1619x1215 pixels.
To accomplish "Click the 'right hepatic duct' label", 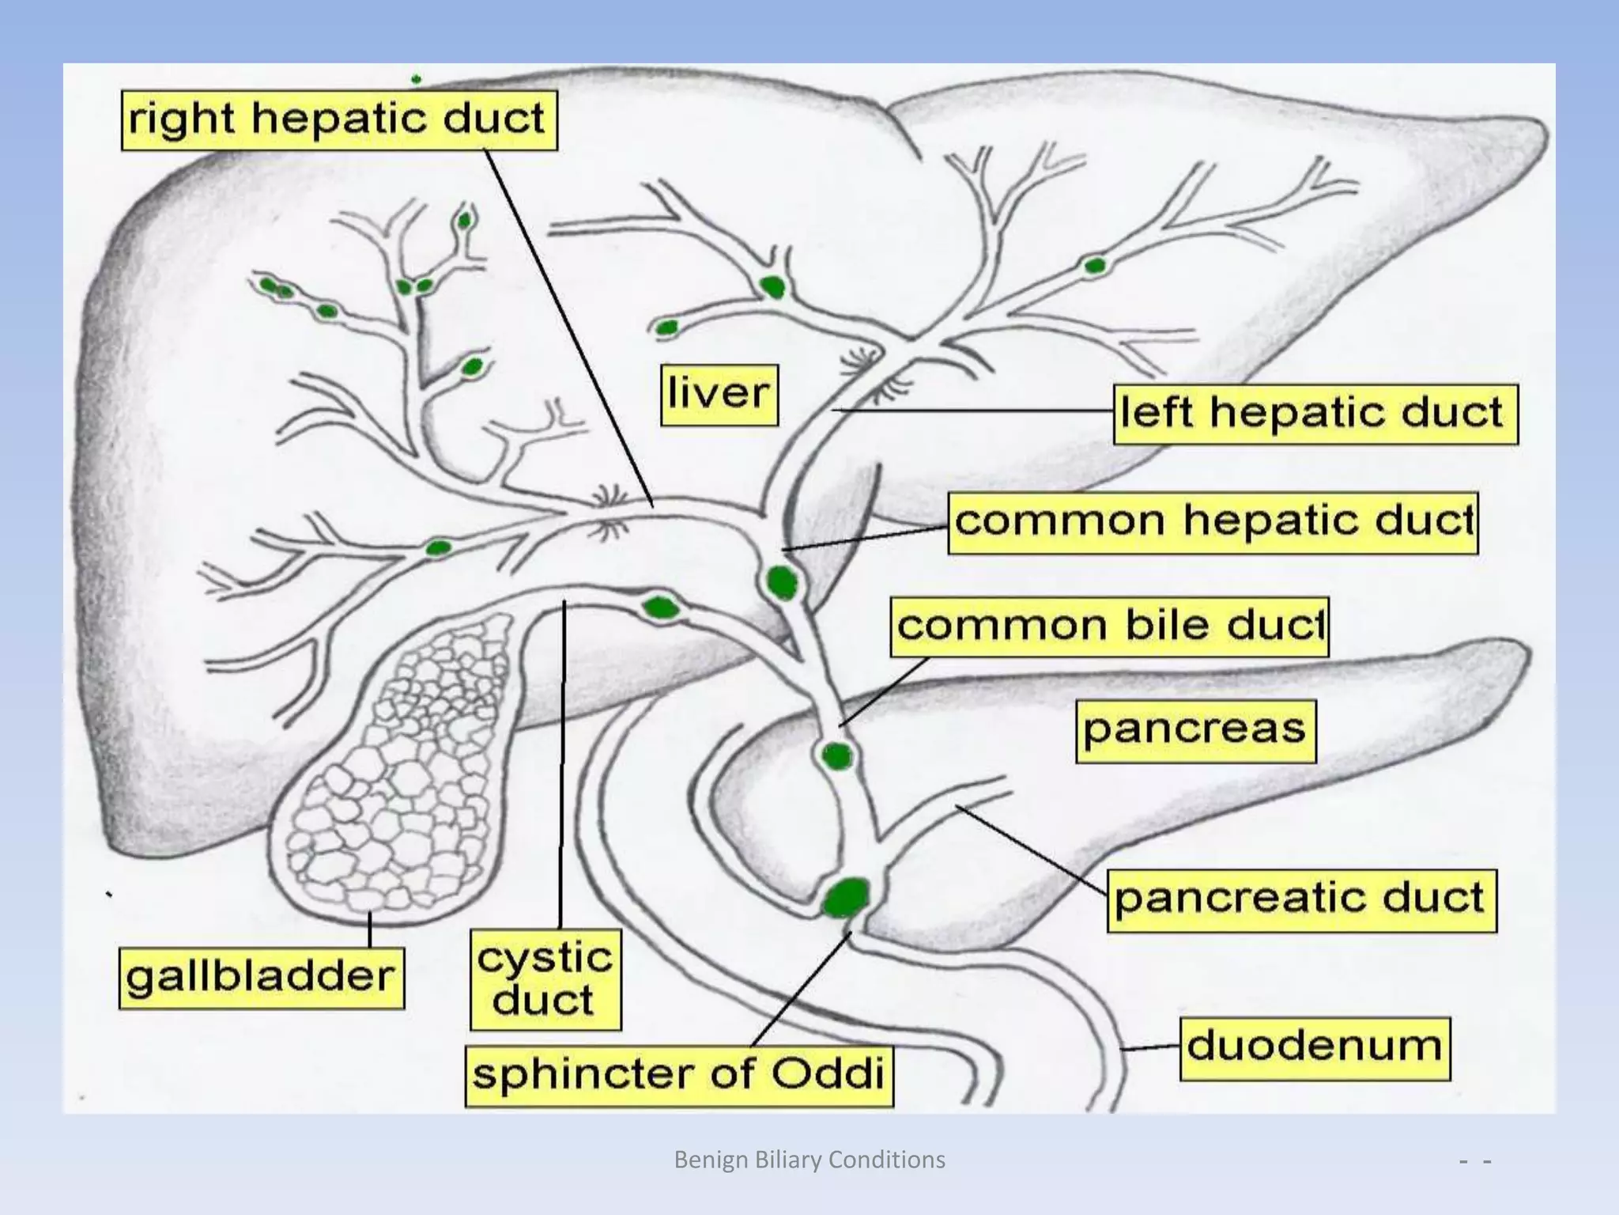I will point(338,120).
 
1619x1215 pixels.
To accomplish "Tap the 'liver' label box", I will point(719,395).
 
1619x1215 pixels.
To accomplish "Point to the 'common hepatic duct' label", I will point(1213,523).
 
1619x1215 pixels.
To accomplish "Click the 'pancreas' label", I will point(1195,731).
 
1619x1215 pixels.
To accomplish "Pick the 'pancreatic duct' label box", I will point(1300,901).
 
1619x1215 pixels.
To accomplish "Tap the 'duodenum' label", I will point(1315,1048).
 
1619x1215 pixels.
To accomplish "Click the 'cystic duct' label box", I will point(545,980).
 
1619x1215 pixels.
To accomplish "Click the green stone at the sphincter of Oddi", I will point(846,896).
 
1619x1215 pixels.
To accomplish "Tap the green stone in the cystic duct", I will point(660,607).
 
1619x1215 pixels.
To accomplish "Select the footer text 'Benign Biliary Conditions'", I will point(809,1160).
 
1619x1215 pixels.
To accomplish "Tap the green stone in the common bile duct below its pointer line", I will point(836,757).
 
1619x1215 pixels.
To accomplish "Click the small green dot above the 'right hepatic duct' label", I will point(416,79).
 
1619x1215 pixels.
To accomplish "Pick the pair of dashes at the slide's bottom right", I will point(1475,1162).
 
